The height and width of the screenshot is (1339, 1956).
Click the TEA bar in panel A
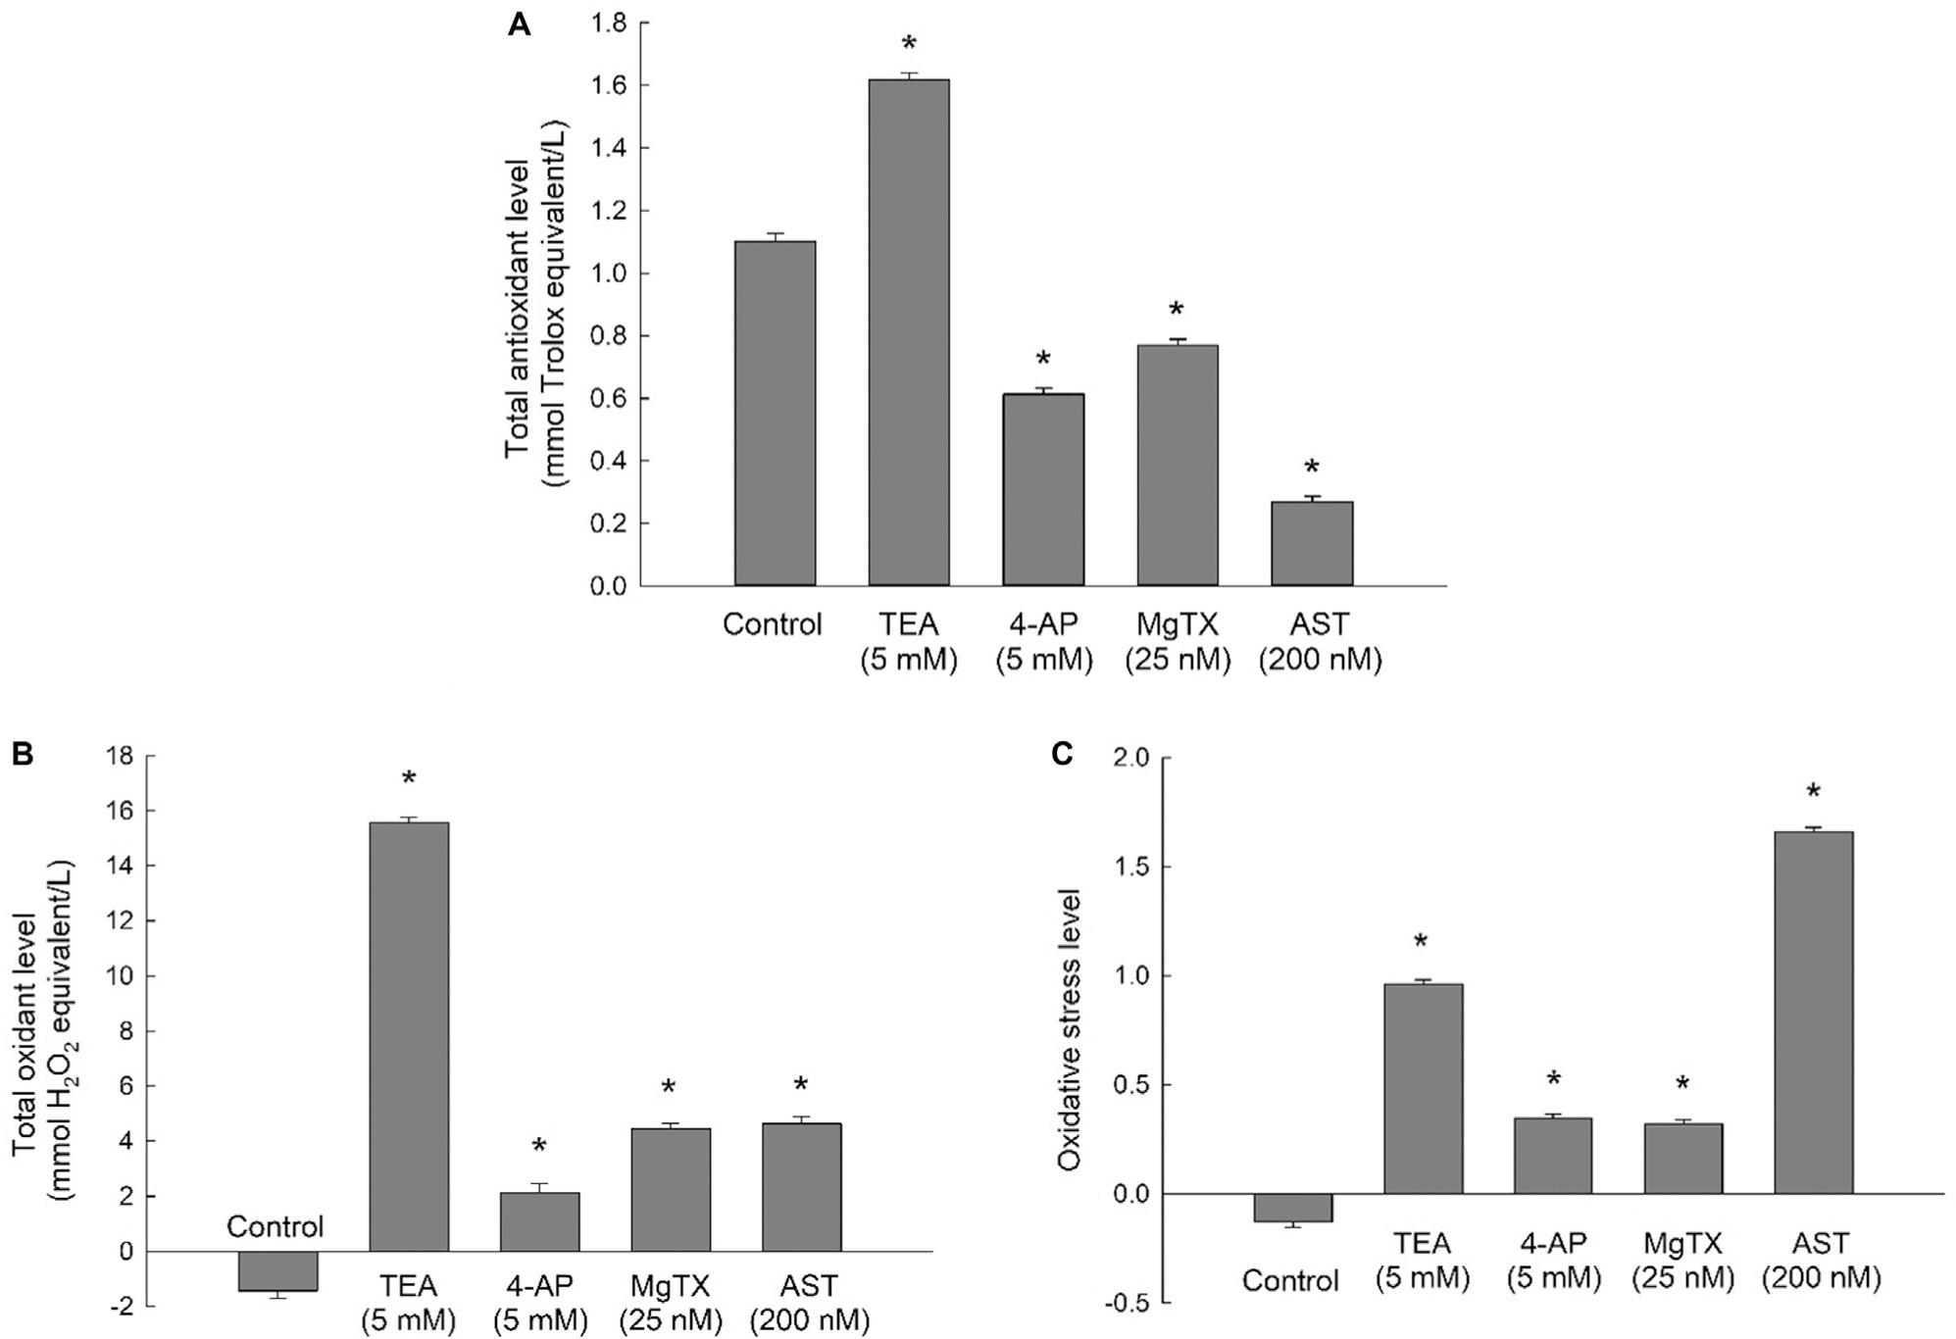908,333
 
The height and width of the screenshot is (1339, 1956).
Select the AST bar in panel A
1312,544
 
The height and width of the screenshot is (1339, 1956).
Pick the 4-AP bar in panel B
539,1221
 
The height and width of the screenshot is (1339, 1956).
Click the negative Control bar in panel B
277,1271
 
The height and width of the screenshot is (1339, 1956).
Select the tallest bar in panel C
1813,1012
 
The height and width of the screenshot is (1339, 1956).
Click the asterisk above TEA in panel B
409,780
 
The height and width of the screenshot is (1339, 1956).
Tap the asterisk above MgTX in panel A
1176,311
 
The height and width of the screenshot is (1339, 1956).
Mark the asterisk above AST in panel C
1813,792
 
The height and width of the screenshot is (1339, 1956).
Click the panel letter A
519,25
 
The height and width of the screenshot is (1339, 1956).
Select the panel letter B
23,754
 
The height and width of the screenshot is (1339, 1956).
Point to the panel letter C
1061,755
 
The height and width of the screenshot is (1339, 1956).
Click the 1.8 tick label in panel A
608,23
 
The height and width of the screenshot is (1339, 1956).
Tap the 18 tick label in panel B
123,757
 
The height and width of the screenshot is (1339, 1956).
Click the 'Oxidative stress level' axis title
1070,1029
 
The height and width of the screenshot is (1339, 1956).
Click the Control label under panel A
772,624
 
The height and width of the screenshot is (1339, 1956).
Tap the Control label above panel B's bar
275,1226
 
